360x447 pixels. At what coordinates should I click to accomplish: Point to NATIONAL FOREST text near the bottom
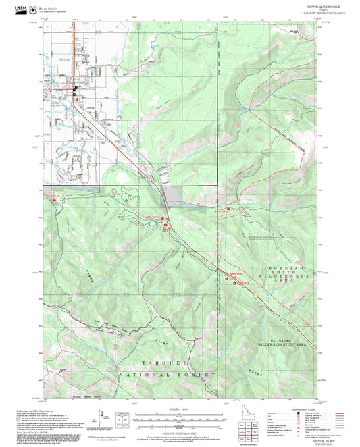(168, 374)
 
